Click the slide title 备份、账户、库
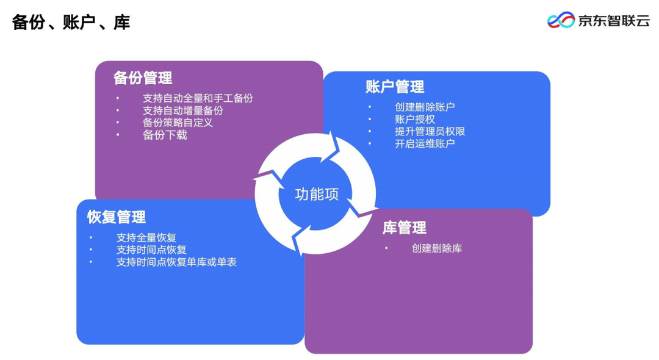(71, 23)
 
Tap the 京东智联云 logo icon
(561, 20)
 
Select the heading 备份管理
(143, 78)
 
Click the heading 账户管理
(395, 87)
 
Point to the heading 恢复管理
(117, 217)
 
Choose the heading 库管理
(405, 228)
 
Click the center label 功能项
(317, 194)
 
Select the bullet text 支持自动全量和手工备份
(198, 98)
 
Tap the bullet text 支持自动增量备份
(183, 110)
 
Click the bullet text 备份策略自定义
(178, 123)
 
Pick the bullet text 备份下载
(165, 135)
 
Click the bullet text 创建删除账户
(425, 107)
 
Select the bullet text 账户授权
(415, 119)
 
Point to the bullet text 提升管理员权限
(430, 131)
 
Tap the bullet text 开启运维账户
(425, 143)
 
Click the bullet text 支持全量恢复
(146, 237)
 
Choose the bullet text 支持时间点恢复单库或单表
(176, 262)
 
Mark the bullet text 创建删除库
(437, 248)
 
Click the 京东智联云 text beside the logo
(614, 21)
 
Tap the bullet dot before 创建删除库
(386, 248)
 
